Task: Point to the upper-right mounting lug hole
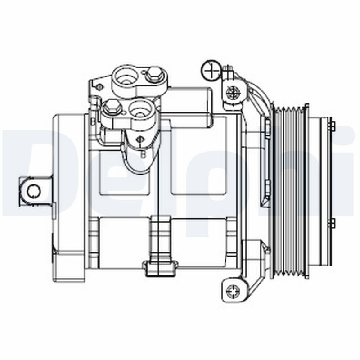click(233, 93)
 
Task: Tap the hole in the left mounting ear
click(33, 191)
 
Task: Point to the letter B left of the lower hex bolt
click(92, 121)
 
